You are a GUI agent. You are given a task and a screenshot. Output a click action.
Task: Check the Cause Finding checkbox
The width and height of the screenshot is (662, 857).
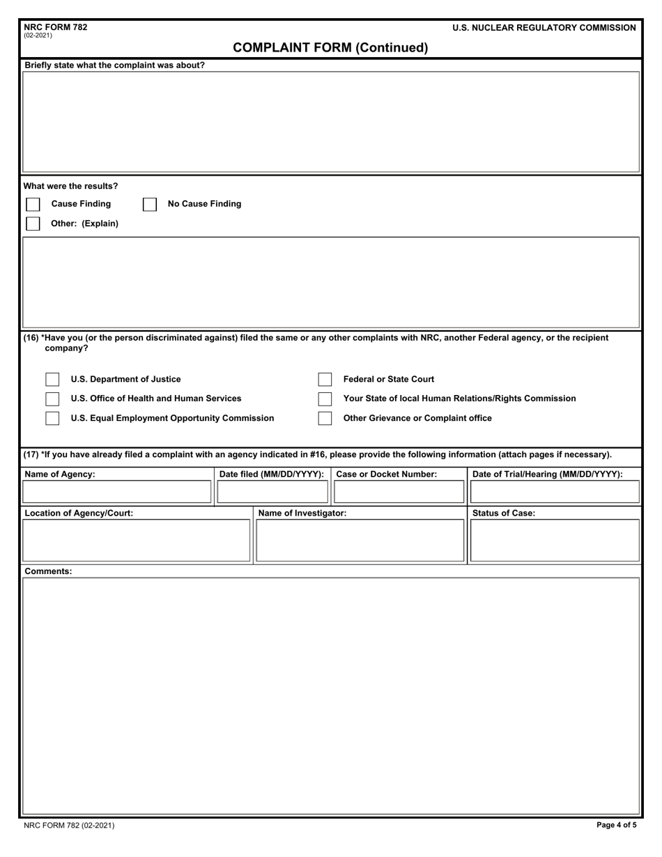coord(33,204)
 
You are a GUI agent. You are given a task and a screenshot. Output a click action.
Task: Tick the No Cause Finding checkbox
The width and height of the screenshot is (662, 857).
coord(150,204)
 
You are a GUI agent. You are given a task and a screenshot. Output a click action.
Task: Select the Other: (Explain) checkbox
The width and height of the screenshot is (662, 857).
coord(33,224)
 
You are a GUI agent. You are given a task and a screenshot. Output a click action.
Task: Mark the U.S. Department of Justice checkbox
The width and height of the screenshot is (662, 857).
coord(52,380)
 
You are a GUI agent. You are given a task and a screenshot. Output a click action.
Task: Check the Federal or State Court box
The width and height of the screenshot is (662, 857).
coord(325,380)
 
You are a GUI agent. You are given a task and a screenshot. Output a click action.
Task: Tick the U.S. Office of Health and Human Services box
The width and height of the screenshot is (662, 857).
coord(52,399)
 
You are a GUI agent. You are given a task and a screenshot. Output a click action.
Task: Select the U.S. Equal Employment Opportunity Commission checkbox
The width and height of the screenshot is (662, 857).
coord(52,418)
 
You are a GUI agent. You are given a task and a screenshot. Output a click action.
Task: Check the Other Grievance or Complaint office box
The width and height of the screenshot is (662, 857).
coord(325,418)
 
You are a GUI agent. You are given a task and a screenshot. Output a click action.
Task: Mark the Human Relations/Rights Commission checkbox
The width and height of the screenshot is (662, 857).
coord(325,399)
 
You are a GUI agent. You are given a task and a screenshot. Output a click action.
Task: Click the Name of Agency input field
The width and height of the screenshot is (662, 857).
coord(116,492)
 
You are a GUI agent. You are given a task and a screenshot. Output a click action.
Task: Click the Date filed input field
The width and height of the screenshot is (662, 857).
coord(272,492)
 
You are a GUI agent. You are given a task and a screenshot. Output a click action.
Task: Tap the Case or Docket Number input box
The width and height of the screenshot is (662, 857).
coord(399,492)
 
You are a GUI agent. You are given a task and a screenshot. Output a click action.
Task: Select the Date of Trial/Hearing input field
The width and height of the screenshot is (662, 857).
coord(555,492)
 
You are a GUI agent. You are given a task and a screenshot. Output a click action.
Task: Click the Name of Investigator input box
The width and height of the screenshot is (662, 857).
coord(360,540)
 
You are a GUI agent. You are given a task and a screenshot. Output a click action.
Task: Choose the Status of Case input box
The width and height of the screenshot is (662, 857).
coord(555,540)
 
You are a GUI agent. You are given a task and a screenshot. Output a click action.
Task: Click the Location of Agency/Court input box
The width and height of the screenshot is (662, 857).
coord(136,540)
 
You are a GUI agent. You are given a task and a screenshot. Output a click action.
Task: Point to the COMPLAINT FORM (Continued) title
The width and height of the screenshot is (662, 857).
coord(330,47)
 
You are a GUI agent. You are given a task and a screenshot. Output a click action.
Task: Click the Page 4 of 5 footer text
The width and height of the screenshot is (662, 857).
coord(616,826)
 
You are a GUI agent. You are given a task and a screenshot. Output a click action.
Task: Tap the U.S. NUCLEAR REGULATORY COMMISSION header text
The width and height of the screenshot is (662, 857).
coord(544,28)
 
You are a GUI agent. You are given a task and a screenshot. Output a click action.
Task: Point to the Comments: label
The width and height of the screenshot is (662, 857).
coord(48,571)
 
